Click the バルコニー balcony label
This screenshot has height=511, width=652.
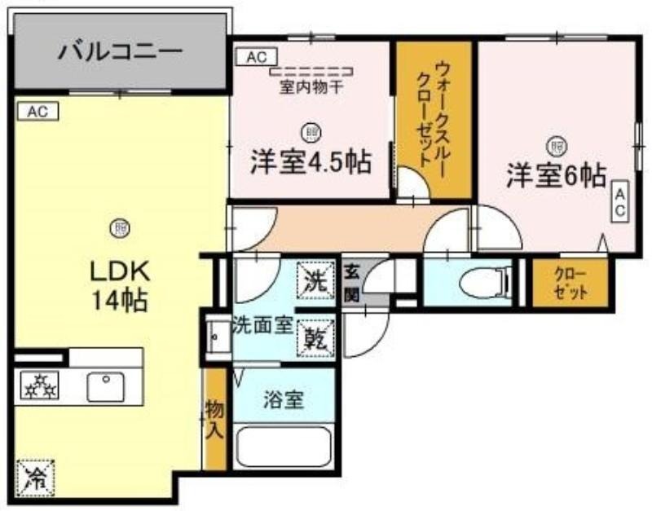pos(120,52)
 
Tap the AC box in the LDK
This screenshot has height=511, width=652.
pos(37,112)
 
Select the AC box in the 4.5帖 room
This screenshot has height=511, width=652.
pos(257,57)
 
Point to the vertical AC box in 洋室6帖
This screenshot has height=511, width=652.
pos(619,201)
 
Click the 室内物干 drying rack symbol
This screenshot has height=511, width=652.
pos(312,72)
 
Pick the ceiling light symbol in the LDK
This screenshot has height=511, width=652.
pos(120,228)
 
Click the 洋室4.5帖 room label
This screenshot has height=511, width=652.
pos(311,161)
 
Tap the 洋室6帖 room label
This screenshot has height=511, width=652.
pos(556,176)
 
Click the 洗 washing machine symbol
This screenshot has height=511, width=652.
pos(315,280)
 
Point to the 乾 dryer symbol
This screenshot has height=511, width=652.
pos(315,338)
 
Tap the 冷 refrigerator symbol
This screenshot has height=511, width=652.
pos(36,478)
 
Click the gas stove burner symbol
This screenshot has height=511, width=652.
pos(39,386)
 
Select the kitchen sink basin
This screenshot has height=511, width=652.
pos(106,386)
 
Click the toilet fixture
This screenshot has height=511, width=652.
pos(485,282)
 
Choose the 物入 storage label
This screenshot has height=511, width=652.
pos(215,419)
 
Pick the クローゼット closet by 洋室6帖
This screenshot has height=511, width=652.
pos(570,283)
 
